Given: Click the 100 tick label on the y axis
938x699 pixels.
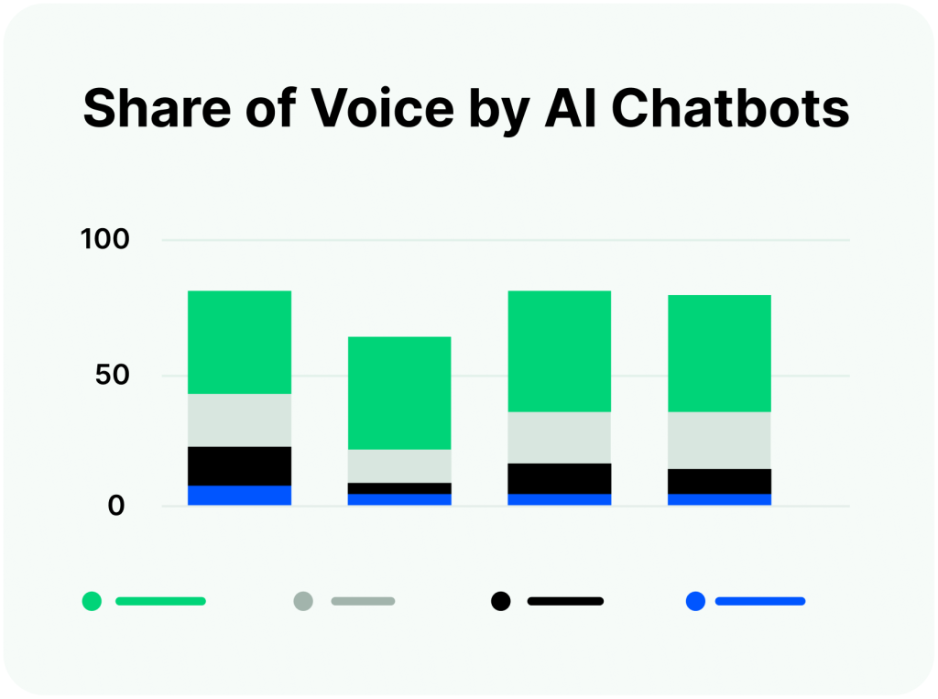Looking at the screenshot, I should [x=106, y=241].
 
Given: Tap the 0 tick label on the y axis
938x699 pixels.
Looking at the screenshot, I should [x=116, y=505].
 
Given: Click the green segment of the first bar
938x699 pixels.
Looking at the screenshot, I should [x=239, y=342].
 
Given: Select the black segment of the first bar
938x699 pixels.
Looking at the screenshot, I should [x=239, y=465].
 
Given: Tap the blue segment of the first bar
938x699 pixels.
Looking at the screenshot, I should [x=239, y=495].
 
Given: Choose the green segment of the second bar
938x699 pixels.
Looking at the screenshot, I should [x=399, y=393].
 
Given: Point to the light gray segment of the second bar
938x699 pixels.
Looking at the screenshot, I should [x=399, y=465].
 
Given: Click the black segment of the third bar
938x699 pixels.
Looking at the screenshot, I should [x=559, y=478].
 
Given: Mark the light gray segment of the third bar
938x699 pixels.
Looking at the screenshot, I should [x=559, y=437].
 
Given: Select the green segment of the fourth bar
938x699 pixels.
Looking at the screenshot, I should [x=719, y=353].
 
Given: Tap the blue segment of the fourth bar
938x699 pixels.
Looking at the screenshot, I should [x=719, y=499].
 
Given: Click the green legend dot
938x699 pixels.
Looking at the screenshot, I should [x=92, y=601].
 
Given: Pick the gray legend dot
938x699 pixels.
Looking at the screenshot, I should [x=303, y=601].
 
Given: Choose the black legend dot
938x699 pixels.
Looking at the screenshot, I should [x=500, y=601].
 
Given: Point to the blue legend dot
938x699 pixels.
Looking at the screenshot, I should [x=695, y=601].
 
